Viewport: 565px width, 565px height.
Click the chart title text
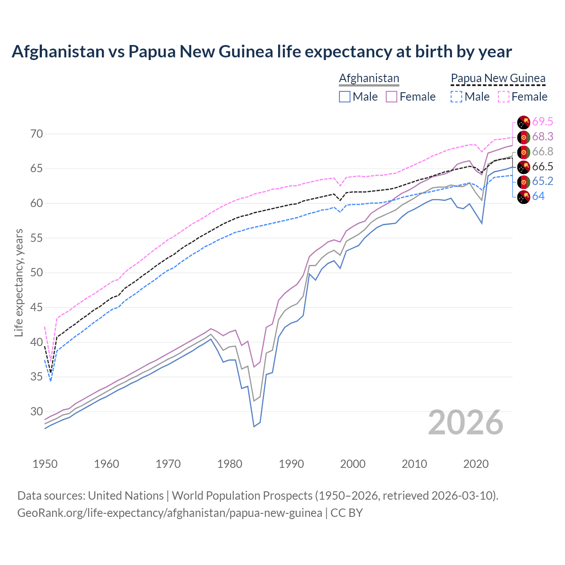(261, 52)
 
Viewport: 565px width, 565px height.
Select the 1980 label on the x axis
(230, 464)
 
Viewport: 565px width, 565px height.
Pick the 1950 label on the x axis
(45, 464)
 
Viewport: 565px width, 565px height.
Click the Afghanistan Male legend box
(345, 97)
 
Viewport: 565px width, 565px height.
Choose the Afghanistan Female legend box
(392, 97)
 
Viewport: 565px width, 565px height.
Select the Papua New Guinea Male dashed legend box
(456, 97)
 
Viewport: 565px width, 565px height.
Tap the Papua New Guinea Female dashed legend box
(503, 97)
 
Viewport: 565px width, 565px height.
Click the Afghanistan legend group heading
(369, 78)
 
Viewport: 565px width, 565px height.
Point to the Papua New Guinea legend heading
(498, 78)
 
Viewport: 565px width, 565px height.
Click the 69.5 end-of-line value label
(542, 122)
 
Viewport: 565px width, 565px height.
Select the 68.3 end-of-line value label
(542, 137)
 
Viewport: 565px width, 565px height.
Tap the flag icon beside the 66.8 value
(524, 152)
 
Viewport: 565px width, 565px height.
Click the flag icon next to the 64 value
(524, 197)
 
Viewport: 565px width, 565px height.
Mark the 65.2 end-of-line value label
(542, 181)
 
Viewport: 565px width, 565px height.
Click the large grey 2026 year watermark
(465, 422)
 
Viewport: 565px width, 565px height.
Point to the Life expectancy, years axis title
(19, 282)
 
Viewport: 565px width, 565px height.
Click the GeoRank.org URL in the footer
(169, 513)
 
